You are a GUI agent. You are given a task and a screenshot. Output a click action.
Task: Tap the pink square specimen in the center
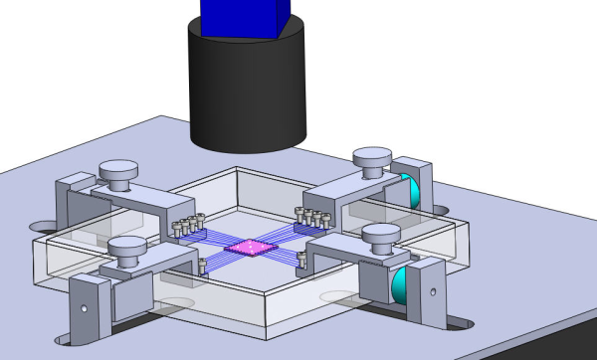coord(245,248)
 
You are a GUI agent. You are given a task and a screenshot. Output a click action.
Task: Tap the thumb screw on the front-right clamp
coord(379,237)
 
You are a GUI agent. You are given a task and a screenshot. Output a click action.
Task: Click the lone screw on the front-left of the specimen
coord(202,266)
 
